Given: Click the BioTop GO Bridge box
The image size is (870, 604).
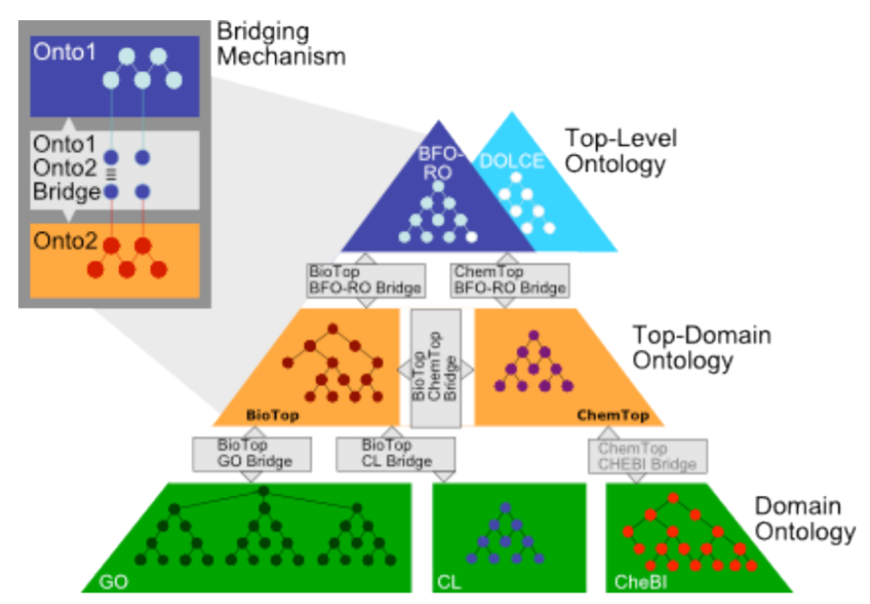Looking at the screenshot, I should pyautogui.click(x=253, y=453).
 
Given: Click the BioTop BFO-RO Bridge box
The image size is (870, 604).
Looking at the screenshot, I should pyautogui.click(x=352, y=279).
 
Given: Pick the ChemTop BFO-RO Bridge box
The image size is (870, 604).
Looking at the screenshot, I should pyautogui.click(x=510, y=279).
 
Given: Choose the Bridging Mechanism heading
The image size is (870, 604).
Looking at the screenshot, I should pyautogui.click(x=280, y=43).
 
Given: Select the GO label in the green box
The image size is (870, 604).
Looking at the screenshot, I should pyautogui.click(x=112, y=582).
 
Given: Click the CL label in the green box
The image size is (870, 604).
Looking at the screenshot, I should pyautogui.click(x=449, y=582).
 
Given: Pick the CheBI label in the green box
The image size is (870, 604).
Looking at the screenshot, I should pyautogui.click(x=636, y=582).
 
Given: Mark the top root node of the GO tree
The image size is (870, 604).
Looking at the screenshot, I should pyautogui.click(x=261, y=492).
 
